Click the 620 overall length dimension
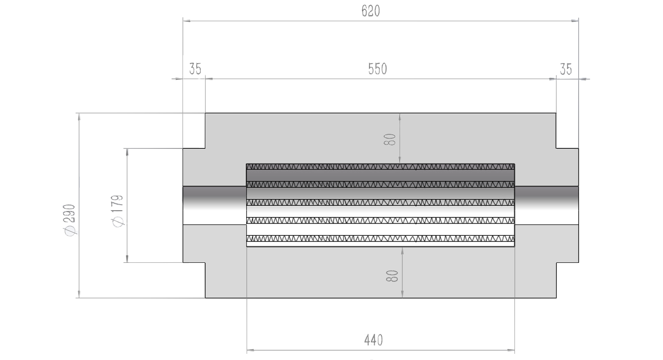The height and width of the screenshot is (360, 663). click(x=370, y=11)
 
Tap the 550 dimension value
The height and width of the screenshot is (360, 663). click(x=377, y=69)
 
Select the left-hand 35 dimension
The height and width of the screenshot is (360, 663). click(x=195, y=69)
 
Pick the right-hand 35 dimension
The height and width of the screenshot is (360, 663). click(x=566, y=69)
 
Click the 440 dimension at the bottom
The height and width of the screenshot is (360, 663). click(x=373, y=340)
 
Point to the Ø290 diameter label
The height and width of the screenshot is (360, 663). click(x=71, y=220)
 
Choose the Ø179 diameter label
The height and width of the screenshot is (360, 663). click(x=118, y=211)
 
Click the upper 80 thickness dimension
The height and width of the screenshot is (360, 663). click(x=389, y=139)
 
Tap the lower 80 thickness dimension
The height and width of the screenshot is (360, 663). click(x=392, y=276)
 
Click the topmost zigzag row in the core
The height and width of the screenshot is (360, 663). click(x=380, y=167)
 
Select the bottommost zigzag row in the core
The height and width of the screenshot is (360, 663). click(x=380, y=239)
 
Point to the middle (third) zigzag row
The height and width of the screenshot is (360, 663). click(x=380, y=203)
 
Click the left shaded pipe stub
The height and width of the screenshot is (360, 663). click(x=214, y=205)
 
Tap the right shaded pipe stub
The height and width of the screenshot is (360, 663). click(x=547, y=205)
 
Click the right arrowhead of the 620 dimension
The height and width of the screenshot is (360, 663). click(x=575, y=21)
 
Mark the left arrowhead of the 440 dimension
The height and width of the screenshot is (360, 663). click(x=251, y=351)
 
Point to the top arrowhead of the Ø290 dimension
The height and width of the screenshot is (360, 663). click(x=79, y=117)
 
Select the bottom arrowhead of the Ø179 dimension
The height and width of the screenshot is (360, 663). click(x=127, y=258)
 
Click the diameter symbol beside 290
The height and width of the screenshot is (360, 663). click(x=71, y=231)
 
